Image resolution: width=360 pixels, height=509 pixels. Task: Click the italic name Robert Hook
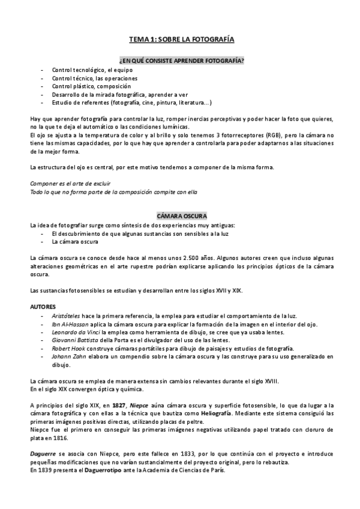(68, 349)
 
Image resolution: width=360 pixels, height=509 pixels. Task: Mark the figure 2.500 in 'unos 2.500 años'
(181, 258)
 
